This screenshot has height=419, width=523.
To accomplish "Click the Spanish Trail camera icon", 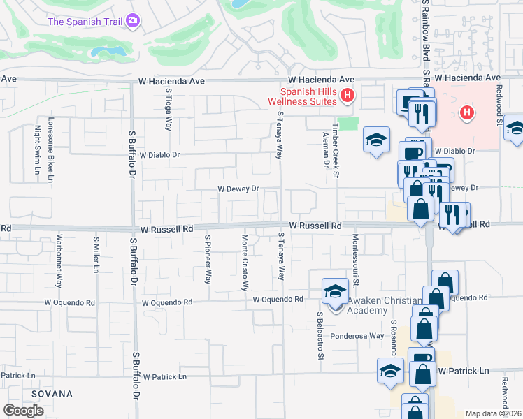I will coord(133,22).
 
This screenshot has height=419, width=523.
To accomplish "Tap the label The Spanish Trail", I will coord(85,22).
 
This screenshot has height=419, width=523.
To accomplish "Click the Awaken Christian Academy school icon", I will coord(335,291).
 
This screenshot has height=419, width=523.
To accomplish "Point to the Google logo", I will coord(23,411).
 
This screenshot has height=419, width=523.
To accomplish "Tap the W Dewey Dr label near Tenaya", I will coord(238,189).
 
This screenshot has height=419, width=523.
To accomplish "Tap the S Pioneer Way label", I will coord(208,259).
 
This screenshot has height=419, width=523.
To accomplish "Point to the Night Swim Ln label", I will coord(37,144).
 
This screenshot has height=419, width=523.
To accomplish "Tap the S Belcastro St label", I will coord(320,336).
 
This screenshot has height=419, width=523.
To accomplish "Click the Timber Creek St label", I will coord(336,152).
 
